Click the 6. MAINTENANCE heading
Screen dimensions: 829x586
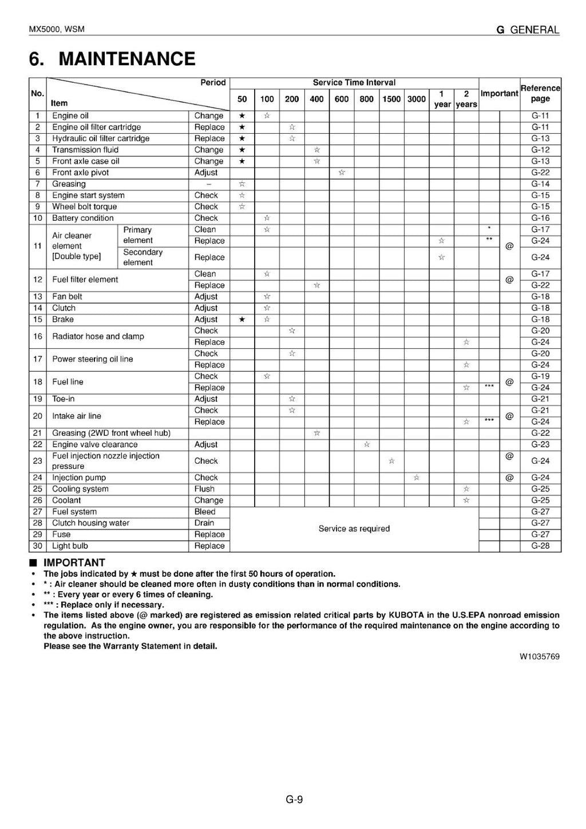112,59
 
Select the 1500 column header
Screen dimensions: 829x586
391,99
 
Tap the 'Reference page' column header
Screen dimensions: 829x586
540,93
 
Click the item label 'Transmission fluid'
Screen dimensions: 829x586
85,150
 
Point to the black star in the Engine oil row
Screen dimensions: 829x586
242,116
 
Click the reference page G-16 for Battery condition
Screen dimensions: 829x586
540,218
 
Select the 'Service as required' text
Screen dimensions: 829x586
354,529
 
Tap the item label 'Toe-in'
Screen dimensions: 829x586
63,399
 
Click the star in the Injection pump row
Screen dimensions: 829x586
416,477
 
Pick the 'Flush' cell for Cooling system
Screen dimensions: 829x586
204,489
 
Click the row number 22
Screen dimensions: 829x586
38,444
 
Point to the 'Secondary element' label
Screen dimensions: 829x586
142,257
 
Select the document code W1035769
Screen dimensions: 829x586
539,656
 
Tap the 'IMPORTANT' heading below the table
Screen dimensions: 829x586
74,563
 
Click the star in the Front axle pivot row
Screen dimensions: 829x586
342,173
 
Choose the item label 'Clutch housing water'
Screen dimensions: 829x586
90,523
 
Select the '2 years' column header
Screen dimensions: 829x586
466,99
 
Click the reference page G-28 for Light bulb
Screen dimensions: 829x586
540,546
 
